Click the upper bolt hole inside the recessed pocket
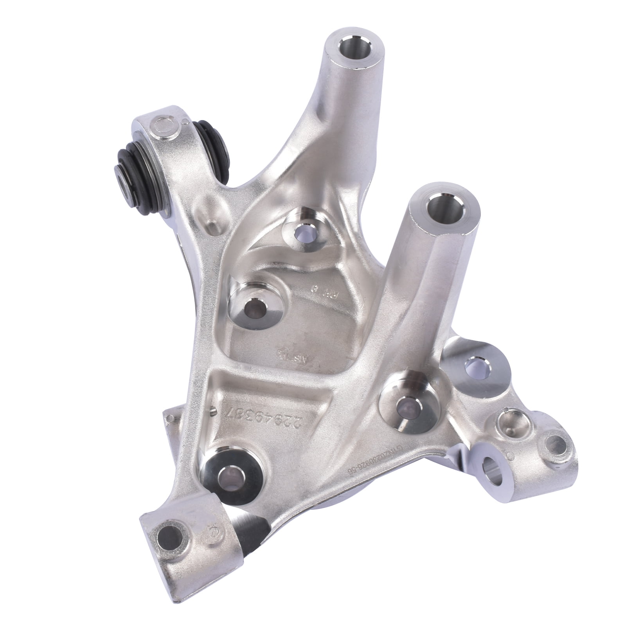[303, 236]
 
